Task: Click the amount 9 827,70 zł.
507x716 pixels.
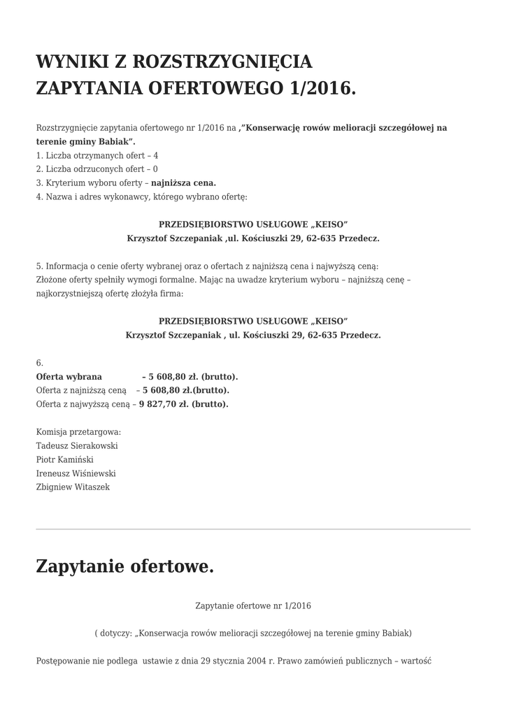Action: (164, 404)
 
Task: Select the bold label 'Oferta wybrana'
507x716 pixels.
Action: (69, 376)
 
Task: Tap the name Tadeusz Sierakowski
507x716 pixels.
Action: (77, 445)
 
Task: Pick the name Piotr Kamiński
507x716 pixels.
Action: (64, 459)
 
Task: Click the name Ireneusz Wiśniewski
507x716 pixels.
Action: (76, 473)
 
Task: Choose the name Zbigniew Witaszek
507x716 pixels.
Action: (73, 487)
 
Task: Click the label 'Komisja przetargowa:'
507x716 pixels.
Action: (78, 431)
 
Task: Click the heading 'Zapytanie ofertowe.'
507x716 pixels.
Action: (124, 566)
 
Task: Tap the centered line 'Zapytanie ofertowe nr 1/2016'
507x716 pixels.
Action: (253, 606)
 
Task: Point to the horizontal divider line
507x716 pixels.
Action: (253, 529)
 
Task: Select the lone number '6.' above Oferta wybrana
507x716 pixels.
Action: (40, 363)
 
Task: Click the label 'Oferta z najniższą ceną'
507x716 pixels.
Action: (81, 390)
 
